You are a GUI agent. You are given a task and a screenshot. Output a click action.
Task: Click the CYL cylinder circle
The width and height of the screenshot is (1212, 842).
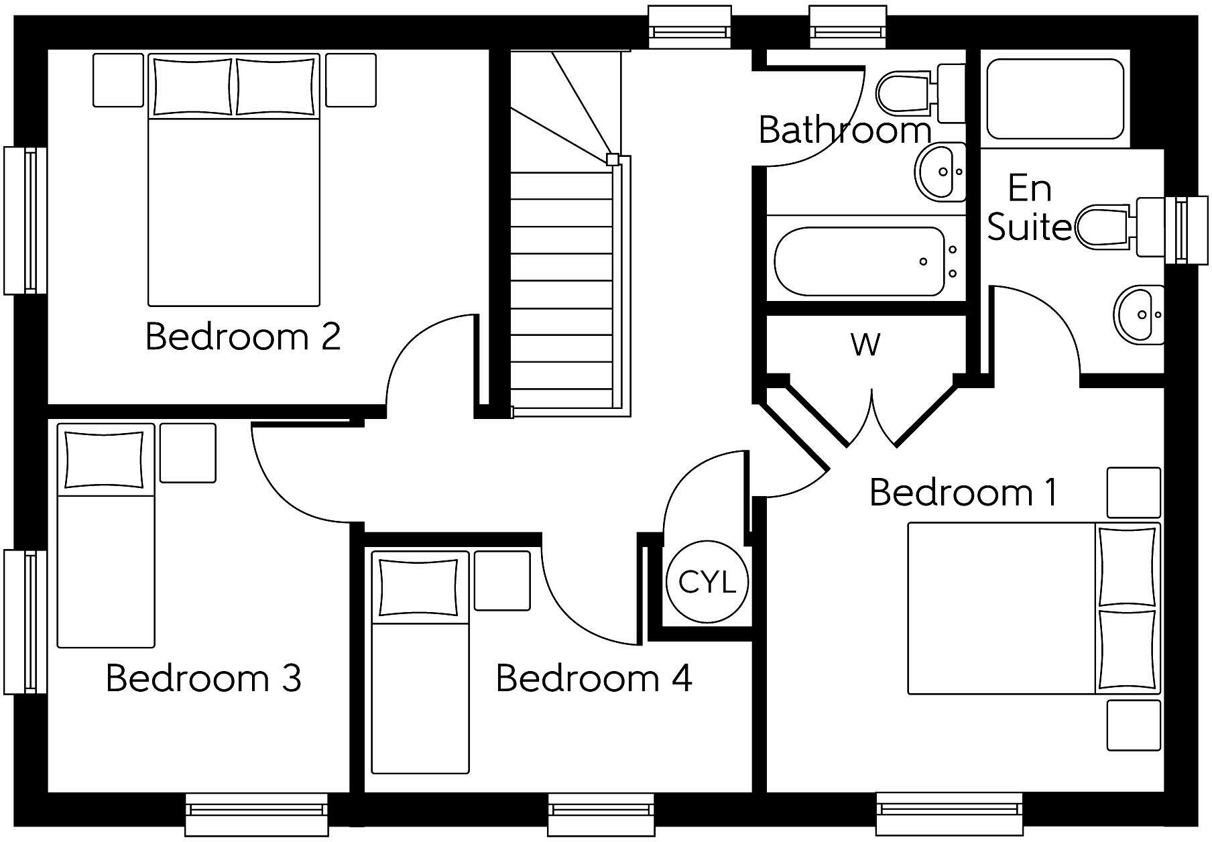pos(707,582)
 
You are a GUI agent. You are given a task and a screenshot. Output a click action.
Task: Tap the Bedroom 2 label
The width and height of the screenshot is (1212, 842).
pos(243,336)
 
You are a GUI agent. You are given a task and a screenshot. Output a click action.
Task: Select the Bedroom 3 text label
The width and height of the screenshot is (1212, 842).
pos(203,678)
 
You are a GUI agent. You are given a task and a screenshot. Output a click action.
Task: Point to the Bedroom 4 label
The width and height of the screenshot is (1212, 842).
pos(593,678)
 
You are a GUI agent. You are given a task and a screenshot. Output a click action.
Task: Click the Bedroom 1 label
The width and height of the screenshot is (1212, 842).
pos(963,493)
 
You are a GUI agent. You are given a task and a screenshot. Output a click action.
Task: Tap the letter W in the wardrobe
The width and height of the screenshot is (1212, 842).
pos(865,345)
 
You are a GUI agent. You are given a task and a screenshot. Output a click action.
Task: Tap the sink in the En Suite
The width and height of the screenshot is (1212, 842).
pos(1138,314)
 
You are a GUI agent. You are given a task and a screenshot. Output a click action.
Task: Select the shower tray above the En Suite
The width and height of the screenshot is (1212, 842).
pos(1055,99)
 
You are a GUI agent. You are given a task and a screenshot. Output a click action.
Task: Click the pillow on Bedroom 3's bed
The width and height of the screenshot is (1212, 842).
pos(104,460)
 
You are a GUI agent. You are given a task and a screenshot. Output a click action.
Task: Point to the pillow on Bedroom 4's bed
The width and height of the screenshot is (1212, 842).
pos(419,587)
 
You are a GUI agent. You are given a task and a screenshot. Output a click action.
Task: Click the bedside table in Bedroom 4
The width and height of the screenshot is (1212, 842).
pos(502,581)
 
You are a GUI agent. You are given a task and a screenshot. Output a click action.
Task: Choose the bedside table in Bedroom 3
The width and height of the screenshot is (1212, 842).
pos(188,453)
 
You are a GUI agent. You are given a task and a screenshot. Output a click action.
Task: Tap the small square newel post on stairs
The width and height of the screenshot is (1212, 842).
pos(612,160)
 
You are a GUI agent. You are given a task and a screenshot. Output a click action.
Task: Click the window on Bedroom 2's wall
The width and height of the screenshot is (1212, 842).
pos(25,220)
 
